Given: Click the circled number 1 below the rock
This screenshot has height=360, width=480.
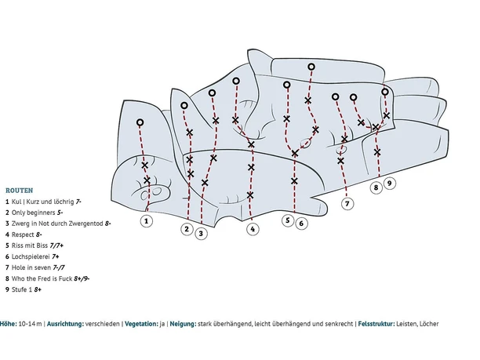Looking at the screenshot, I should [x=147, y=221].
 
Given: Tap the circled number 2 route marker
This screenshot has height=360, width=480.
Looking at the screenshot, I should [x=187, y=229].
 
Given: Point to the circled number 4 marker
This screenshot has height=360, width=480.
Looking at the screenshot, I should [x=252, y=229].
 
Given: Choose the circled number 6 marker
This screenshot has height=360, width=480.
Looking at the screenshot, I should [x=301, y=223].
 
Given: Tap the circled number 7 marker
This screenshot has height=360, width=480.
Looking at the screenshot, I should [x=347, y=203].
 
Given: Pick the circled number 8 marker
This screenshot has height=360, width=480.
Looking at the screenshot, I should [x=376, y=187].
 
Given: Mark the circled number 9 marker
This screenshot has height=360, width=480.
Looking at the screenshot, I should [x=390, y=183].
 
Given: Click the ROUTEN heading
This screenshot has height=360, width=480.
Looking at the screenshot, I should [x=19, y=190].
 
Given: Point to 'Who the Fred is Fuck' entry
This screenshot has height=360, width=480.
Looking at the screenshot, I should [x=43, y=278].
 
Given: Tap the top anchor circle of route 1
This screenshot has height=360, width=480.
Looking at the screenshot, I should [x=140, y=122].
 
